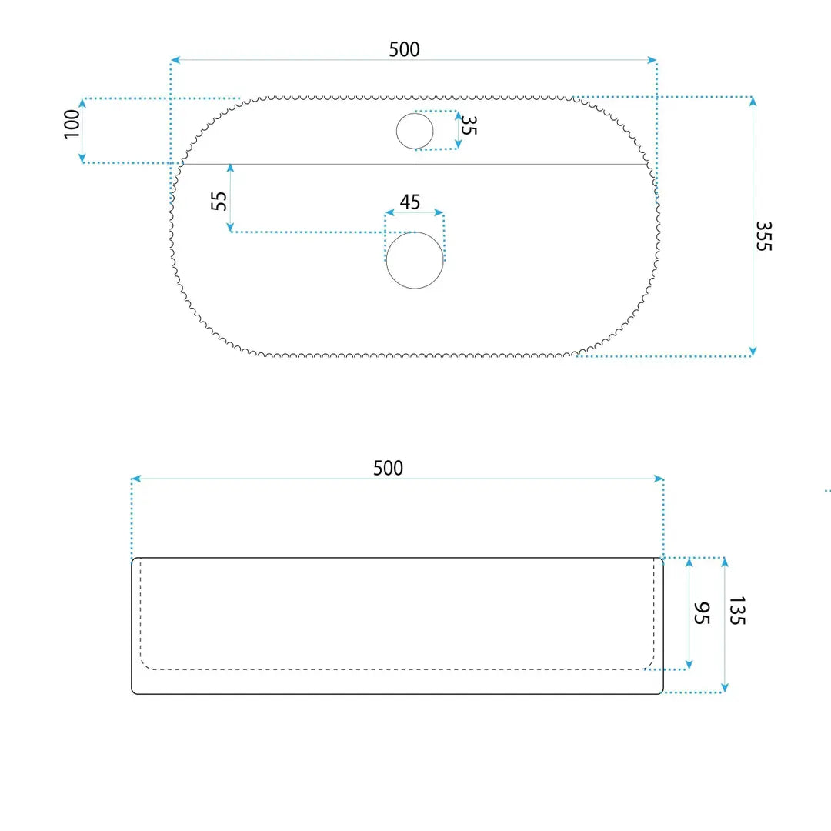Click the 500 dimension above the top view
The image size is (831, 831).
pyautogui.click(x=405, y=50)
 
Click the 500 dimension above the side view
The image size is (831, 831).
pyautogui.click(x=388, y=469)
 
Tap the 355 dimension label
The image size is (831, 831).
pyautogui.click(x=764, y=236)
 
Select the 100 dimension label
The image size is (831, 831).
pyautogui.click(x=72, y=124)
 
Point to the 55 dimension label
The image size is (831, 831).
pyautogui.click(x=219, y=201)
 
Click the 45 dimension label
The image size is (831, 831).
pyautogui.click(x=409, y=202)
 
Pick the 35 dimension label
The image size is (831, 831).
pyautogui.click(x=469, y=125)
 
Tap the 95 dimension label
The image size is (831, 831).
pyautogui.click(x=702, y=613)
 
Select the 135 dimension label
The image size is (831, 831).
pyautogui.click(x=737, y=610)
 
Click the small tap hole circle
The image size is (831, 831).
pyautogui.click(x=415, y=131)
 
